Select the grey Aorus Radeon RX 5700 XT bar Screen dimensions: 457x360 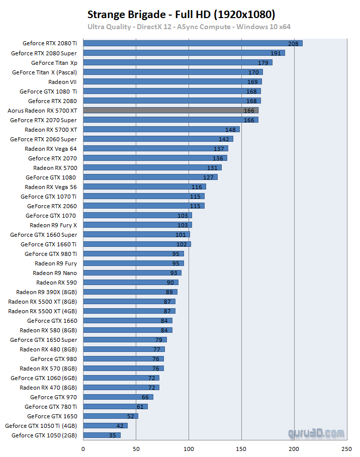[x=170, y=110]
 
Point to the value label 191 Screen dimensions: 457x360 [x=276, y=53]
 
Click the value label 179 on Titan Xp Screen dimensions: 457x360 [x=263, y=63]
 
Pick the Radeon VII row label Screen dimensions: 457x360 [x=62, y=81]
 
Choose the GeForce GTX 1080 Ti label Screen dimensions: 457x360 [x=48, y=91]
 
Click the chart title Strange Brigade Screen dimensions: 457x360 [x=182, y=14]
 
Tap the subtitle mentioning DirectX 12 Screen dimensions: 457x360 [x=189, y=27]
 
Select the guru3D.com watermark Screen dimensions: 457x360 [x=316, y=433]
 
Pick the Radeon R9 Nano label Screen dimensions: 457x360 [x=55, y=273]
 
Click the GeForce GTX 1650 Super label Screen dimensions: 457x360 [x=44, y=340]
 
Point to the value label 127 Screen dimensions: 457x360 [x=209, y=177]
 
